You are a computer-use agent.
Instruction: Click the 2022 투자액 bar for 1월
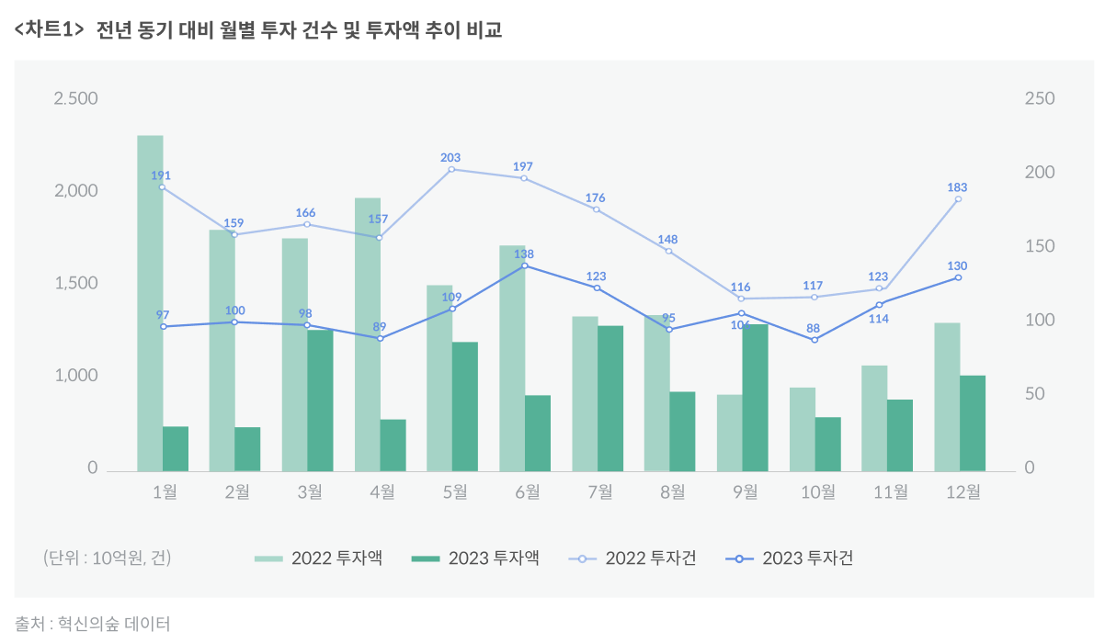tap(150, 303)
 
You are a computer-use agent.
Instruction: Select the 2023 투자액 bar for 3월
tap(320, 400)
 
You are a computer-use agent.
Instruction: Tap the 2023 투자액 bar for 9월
tap(755, 398)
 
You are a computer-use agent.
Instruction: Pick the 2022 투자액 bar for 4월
tap(368, 334)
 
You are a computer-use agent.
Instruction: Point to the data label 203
tap(450, 158)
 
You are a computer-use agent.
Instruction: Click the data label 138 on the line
tap(524, 254)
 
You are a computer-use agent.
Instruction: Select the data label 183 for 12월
tap(957, 187)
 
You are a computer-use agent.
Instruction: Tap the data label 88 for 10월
tap(813, 328)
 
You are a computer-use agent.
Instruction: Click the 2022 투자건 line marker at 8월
tap(669, 251)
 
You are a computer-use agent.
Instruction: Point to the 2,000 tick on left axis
tap(75, 191)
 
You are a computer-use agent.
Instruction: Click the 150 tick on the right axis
tap(1040, 247)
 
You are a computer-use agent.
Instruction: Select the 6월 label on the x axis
tap(527, 492)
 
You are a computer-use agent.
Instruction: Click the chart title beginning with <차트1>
tap(258, 30)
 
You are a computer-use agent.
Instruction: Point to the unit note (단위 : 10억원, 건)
tap(107, 558)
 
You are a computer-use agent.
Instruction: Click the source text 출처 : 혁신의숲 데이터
tap(93, 624)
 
